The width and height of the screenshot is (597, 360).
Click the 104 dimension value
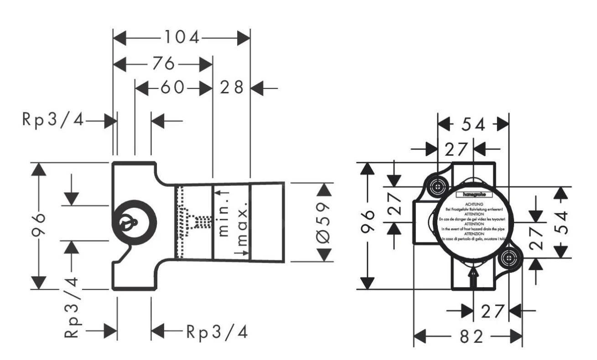tap(182, 38)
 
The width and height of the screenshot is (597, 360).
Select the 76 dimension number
tap(163, 64)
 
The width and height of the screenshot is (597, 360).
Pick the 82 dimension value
tap(471, 337)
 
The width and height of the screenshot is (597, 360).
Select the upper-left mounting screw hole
tap(437, 186)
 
